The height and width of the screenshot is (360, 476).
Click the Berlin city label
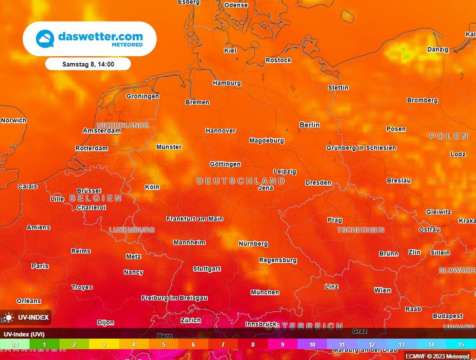tap(310, 125)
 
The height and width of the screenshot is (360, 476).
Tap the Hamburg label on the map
tap(227, 83)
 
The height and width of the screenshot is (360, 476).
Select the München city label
tap(265, 293)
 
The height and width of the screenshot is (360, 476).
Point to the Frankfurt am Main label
tap(195, 219)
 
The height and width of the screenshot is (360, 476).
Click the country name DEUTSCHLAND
tap(241, 181)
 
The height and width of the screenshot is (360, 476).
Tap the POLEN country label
tap(449, 136)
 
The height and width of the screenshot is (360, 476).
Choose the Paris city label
tap(40, 266)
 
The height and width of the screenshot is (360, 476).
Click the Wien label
tap(383, 290)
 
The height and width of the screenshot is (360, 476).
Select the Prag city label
tap(335, 220)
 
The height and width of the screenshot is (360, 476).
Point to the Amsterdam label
tap(102, 131)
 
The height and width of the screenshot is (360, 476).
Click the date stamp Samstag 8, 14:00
tap(88, 64)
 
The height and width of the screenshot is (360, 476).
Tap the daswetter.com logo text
tap(100, 36)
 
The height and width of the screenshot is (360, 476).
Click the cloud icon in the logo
tap(45, 38)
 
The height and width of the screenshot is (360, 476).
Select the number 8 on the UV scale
tap(253, 345)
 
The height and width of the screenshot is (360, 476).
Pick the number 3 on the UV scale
tap(104, 345)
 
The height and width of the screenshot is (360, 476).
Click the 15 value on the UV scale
tap(461, 345)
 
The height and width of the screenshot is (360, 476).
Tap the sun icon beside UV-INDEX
tap(8, 318)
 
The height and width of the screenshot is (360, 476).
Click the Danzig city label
tap(438, 50)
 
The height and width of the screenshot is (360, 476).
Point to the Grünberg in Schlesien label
tap(361, 148)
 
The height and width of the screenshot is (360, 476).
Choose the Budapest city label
tap(448, 316)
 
